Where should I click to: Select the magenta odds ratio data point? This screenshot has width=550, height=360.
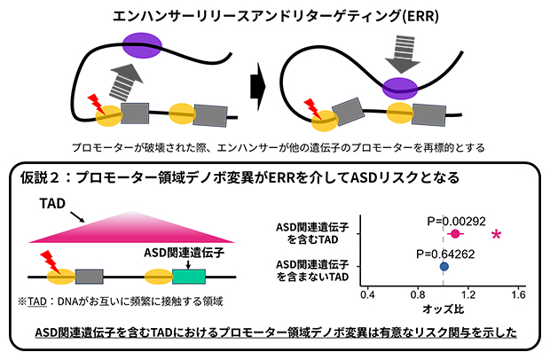pos(455,234)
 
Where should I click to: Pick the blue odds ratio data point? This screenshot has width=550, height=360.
pos(444,265)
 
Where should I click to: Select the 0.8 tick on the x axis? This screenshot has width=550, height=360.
pos(417,293)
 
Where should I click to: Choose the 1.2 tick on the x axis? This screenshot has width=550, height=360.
pos(467,293)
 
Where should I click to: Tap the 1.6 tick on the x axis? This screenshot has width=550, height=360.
pos(518,293)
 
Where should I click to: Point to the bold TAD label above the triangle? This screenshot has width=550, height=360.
pos(52,205)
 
